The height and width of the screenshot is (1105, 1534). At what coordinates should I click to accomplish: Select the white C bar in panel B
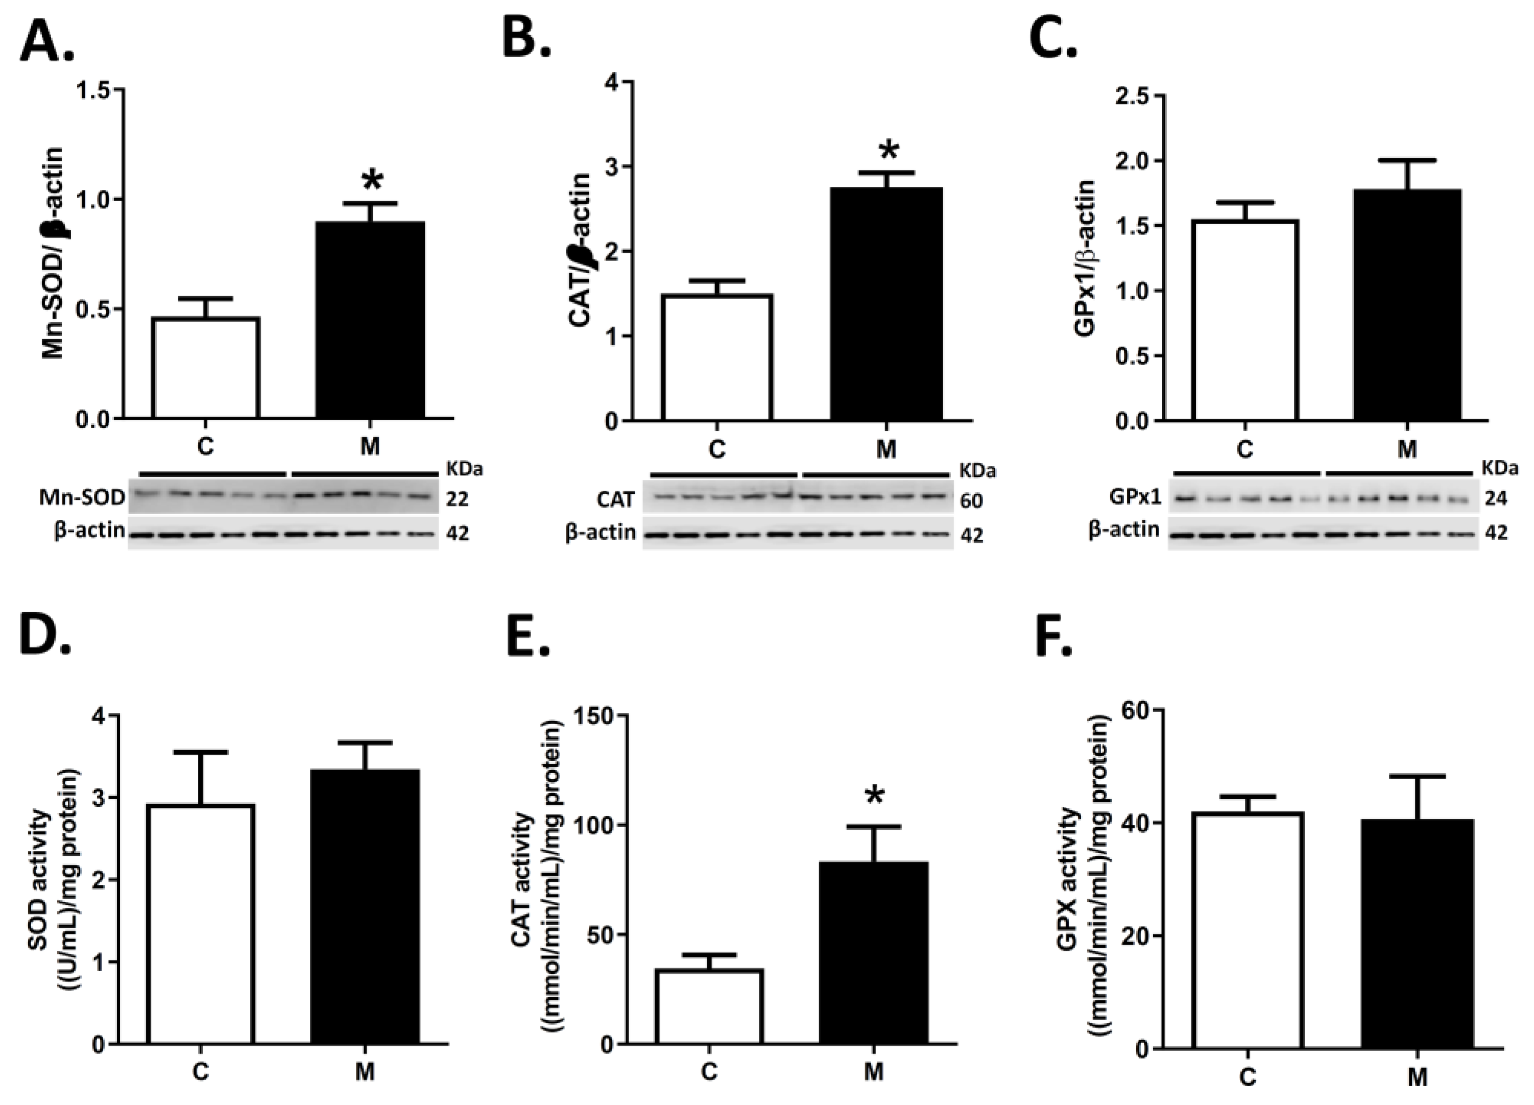pos(717,358)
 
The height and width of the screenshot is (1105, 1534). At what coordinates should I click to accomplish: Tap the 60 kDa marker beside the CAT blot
pos(971,501)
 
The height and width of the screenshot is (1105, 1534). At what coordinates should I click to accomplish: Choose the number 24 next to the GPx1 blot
pos(1496,499)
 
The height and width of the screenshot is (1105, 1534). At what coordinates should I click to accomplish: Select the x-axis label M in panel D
pos(365,1072)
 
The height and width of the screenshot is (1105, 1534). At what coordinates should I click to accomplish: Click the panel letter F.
pos(1054,635)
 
